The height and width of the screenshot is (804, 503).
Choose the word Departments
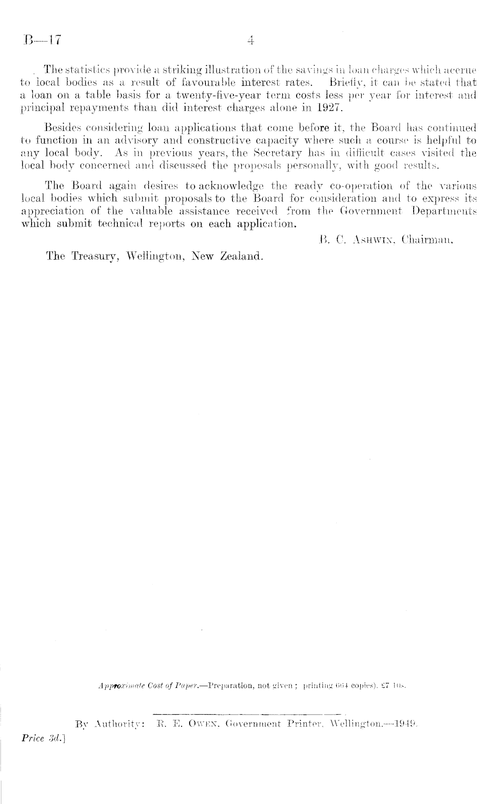coord(444,211)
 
